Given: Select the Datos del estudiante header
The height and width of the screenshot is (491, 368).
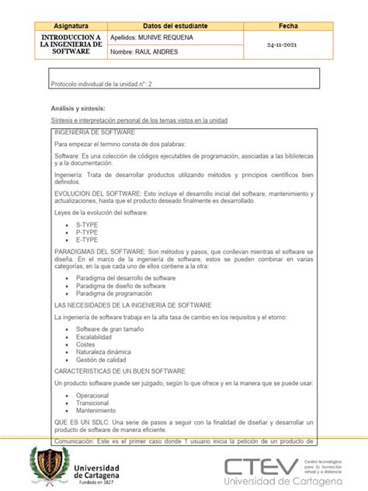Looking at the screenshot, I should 175,26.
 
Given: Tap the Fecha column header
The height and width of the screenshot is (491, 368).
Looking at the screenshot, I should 288,26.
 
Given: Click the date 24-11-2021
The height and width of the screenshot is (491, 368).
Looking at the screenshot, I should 288,45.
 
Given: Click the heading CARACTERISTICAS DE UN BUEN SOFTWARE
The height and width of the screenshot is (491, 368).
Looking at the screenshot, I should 120,371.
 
